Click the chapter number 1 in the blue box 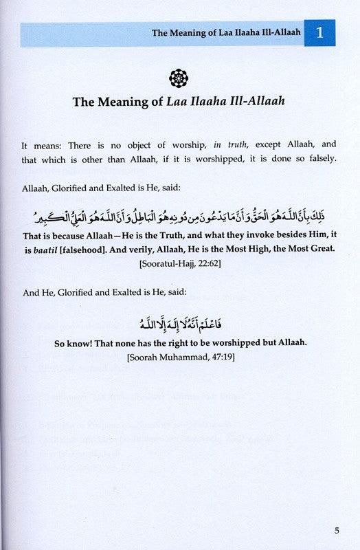pos(325,33)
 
